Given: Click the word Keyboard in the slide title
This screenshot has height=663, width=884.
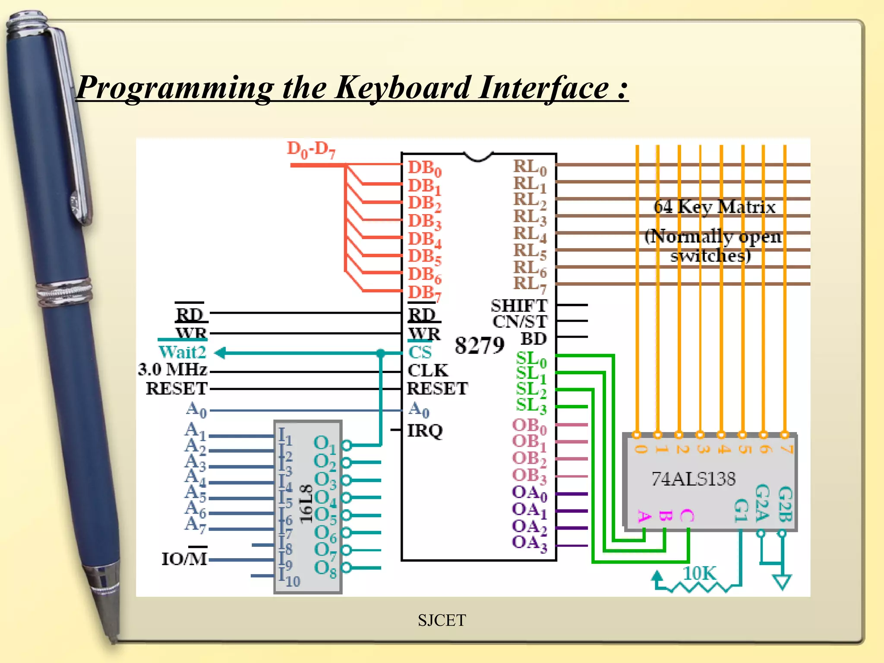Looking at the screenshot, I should click(402, 88).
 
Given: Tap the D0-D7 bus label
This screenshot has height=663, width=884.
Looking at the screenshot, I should click(310, 150).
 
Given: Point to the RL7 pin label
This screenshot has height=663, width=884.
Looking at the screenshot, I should click(530, 285).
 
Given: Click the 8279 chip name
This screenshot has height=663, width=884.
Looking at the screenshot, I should click(479, 345).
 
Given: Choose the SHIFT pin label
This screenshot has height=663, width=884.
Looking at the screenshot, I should click(519, 306).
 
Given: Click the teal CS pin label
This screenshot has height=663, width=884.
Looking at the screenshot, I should click(420, 352).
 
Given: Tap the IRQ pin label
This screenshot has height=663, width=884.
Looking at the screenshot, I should click(425, 430).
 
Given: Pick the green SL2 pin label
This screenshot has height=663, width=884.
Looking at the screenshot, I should click(530, 389).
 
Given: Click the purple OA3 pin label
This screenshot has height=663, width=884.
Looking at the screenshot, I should click(529, 543).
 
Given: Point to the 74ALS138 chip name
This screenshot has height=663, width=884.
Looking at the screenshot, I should click(693, 479).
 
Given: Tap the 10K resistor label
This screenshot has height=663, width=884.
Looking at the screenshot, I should click(699, 574).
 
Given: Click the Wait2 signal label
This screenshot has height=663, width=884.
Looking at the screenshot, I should click(182, 352).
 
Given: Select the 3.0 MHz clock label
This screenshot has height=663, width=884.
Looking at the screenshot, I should click(173, 369).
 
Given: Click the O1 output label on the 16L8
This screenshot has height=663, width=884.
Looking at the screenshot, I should click(324, 444).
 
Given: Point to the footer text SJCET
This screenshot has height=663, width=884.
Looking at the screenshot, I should click(442, 620).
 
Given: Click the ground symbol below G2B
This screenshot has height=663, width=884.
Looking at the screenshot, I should click(782, 581).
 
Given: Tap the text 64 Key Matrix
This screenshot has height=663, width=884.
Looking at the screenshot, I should click(714, 207).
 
